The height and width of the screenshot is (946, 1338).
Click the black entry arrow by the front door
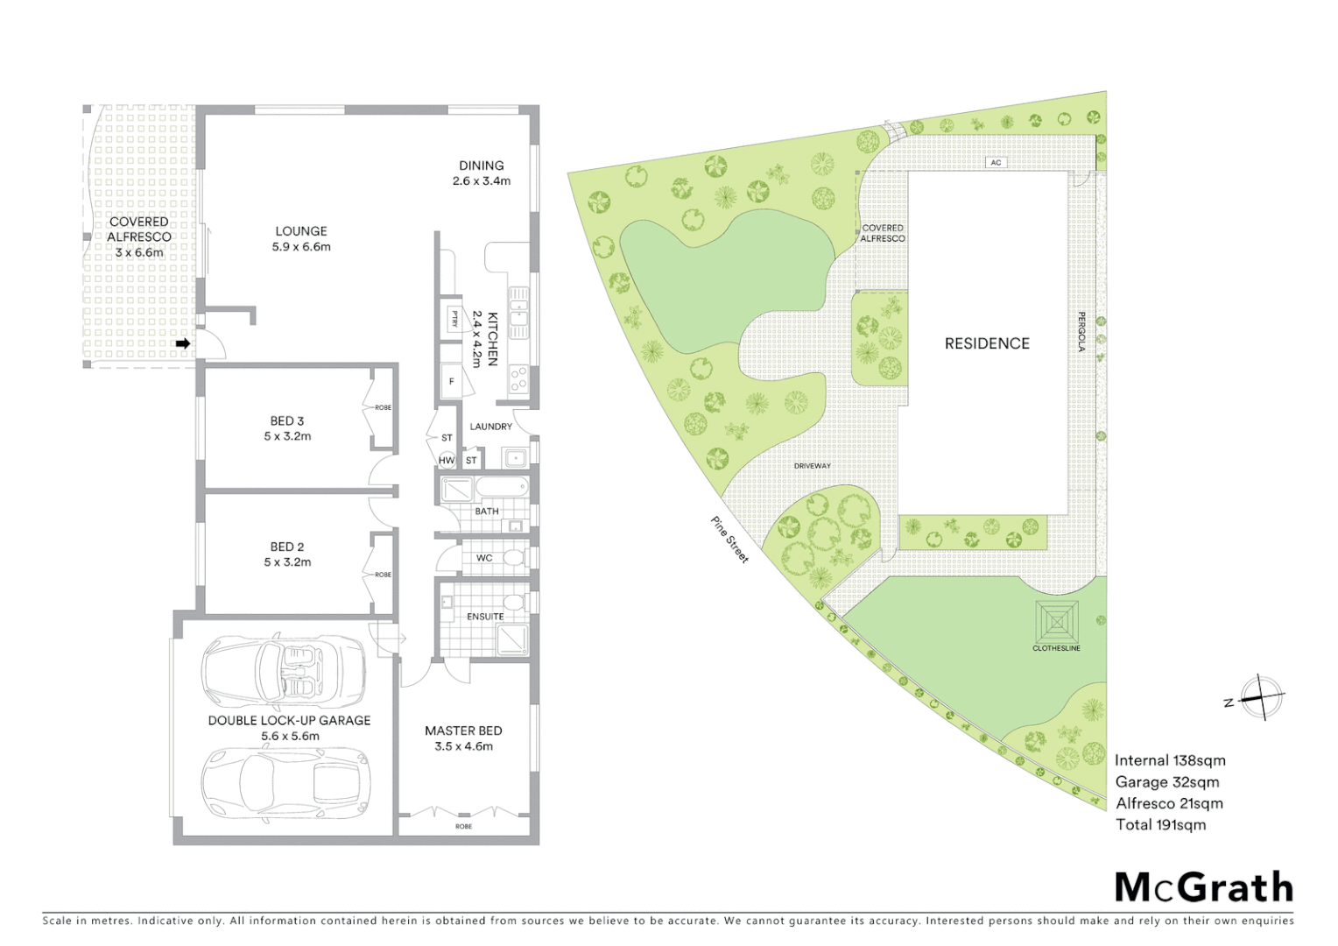(x=183, y=344)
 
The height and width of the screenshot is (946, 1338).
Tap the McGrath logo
(x=1204, y=887)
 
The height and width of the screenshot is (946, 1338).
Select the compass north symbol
(x=1259, y=698)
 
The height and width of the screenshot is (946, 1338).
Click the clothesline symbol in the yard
(x=1057, y=621)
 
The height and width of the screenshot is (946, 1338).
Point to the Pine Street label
(x=729, y=540)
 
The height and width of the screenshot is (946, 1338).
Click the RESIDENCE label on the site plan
(x=987, y=343)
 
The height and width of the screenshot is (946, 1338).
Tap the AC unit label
(x=996, y=163)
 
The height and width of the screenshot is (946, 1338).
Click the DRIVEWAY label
(x=812, y=466)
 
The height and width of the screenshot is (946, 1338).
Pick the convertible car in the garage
(x=284, y=672)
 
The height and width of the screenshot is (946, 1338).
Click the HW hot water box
(x=447, y=460)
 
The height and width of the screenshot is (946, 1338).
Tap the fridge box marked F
(x=452, y=382)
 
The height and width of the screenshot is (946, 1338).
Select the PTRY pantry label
(x=454, y=319)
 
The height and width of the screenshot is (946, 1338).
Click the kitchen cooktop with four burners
(x=518, y=378)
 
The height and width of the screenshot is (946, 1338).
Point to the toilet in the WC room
(x=516, y=558)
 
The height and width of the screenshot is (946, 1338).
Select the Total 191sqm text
(x=1160, y=824)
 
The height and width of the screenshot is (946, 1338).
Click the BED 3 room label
(x=287, y=421)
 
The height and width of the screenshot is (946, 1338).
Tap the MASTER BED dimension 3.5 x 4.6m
(x=463, y=746)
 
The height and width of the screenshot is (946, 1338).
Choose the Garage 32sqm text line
(x=1166, y=782)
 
